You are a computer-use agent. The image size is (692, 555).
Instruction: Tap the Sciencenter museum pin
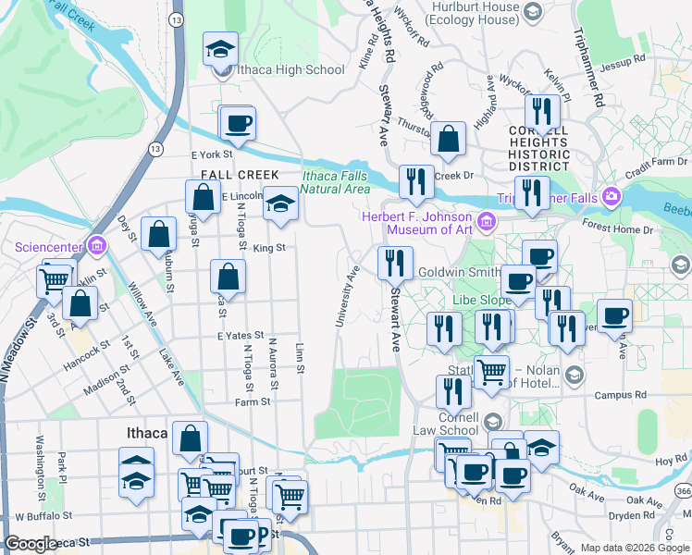[x=96, y=246]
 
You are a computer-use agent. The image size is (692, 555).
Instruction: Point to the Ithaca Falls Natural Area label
[x=334, y=182]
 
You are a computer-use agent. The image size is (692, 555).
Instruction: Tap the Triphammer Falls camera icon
[x=611, y=196]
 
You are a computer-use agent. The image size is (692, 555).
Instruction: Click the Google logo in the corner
[x=31, y=544]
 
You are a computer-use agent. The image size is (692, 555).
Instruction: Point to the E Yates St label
[x=241, y=336]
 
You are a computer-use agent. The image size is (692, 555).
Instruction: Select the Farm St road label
[x=253, y=401]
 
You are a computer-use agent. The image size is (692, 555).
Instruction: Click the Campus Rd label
[x=620, y=395]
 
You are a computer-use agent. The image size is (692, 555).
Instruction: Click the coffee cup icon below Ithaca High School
[x=237, y=124]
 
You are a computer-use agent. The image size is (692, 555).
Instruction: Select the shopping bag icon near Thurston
[x=448, y=140]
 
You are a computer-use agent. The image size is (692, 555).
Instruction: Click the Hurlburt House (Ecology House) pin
[x=532, y=11]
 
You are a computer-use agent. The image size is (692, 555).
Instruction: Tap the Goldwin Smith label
[x=458, y=272]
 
